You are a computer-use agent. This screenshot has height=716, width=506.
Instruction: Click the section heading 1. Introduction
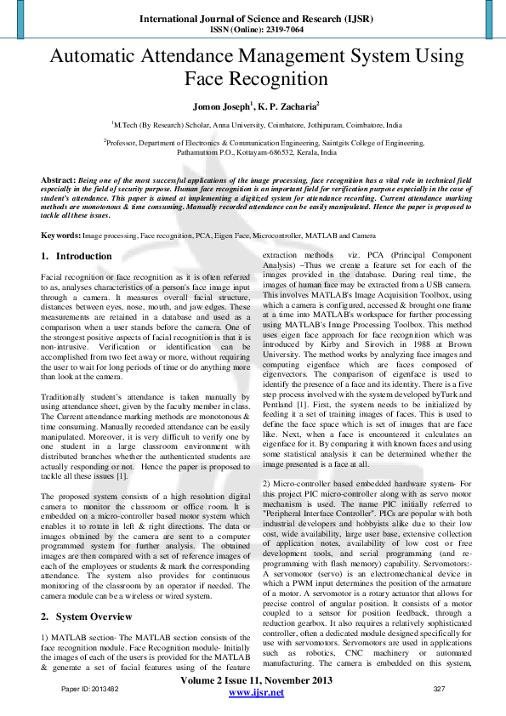click(77, 256)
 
